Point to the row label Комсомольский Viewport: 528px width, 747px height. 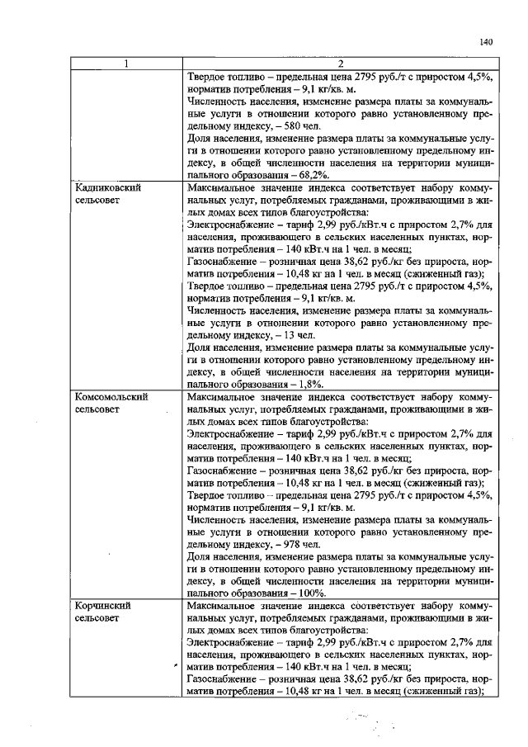pos(111,396)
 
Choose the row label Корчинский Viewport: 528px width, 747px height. pos(101,605)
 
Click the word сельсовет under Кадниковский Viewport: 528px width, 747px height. pos(98,200)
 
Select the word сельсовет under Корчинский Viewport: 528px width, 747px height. pos(98,617)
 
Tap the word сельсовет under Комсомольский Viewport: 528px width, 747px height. pos(98,409)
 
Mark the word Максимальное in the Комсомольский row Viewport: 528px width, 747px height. pos(224,396)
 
